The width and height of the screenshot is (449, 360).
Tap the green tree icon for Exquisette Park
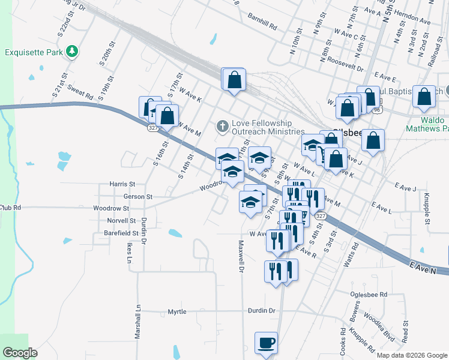(x=72, y=51)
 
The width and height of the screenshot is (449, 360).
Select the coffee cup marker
(x=266, y=344)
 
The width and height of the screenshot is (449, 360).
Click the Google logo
(x=20, y=353)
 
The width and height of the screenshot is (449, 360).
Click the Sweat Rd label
(x=80, y=92)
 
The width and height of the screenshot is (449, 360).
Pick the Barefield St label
(x=121, y=232)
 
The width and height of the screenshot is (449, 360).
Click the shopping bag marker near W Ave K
(x=234, y=80)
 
